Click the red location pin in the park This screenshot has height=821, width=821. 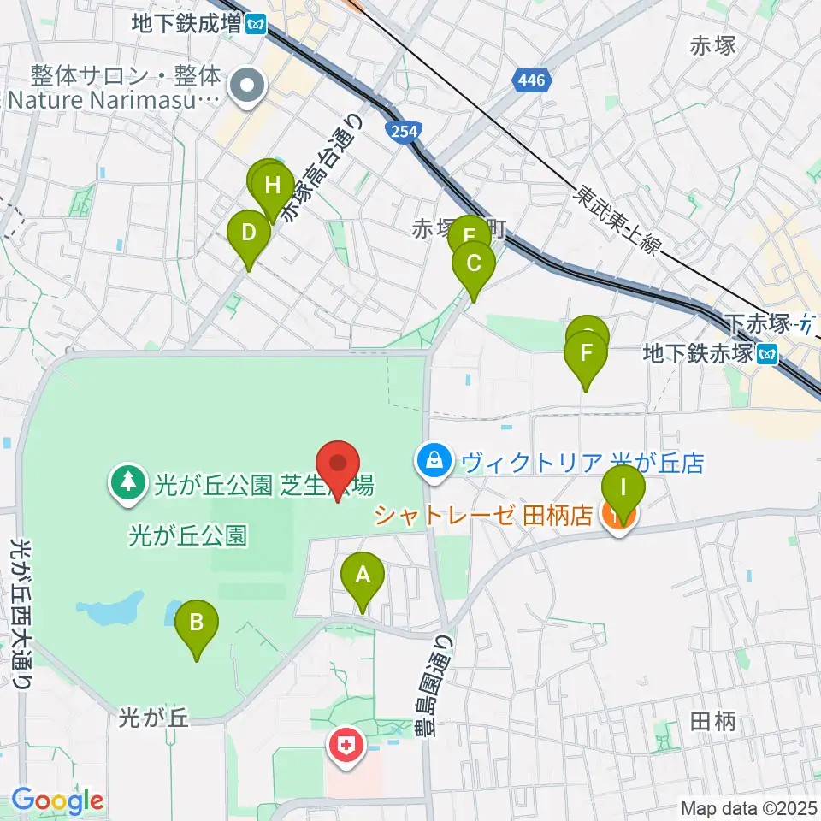pyautogui.click(x=337, y=465)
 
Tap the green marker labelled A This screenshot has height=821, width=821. pyautogui.click(x=363, y=576)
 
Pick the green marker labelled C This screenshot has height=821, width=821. pyautogui.click(x=473, y=265)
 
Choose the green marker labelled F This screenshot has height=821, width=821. pyautogui.click(x=586, y=354)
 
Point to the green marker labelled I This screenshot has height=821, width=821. pyautogui.click(x=623, y=490)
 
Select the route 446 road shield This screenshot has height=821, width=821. pyautogui.click(x=530, y=82)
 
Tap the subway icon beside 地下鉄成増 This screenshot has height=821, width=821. pyautogui.click(x=256, y=24)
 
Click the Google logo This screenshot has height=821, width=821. pyautogui.click(x=57, y=801)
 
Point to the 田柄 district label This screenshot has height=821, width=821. pyautogui.click(x=712, y=722)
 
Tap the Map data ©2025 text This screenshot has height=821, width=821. pyautogui.click(x=748, y=806)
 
